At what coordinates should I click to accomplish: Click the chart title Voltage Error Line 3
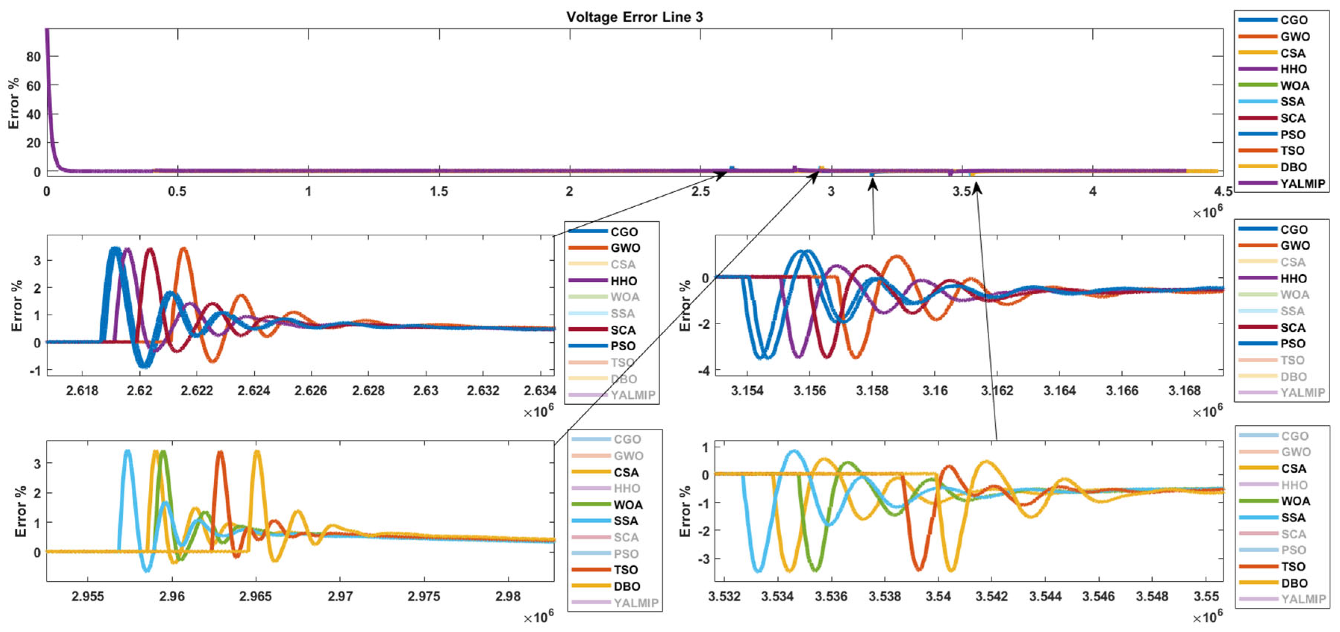pos(634,17)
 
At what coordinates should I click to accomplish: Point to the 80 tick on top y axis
pos(33,56)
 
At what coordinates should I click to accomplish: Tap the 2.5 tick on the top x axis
pos(700,191)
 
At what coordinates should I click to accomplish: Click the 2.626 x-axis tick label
pos(310,391)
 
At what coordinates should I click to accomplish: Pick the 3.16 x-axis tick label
pos(935,391)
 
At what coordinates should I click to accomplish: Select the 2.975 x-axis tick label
pos(423,596)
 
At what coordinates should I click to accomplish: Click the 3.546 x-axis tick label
pos(1098,596)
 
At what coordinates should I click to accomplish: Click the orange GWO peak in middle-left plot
pos(184,249)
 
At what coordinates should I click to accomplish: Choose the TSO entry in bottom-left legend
pos(625,570)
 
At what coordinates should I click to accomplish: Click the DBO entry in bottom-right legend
pos(1294,583)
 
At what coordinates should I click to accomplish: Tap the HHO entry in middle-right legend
pos(1293,279)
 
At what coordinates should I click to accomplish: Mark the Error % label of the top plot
pos(14,103)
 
